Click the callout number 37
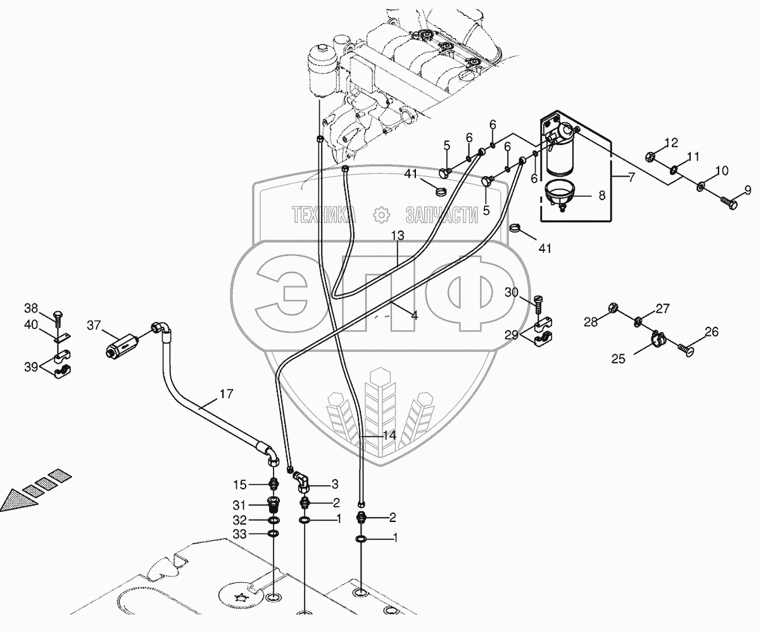point(94,326)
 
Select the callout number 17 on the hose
point(226,394)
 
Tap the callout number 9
point(747,189)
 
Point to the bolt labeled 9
point(728,203)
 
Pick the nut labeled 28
point(612,308)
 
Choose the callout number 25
point(619,358)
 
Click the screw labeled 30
point(539,305)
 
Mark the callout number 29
point(512,333)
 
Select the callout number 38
point(31,309)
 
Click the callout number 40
point(31,325)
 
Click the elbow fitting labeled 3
point(303,487)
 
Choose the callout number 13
point(397,236)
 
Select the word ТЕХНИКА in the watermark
point(324,216)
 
